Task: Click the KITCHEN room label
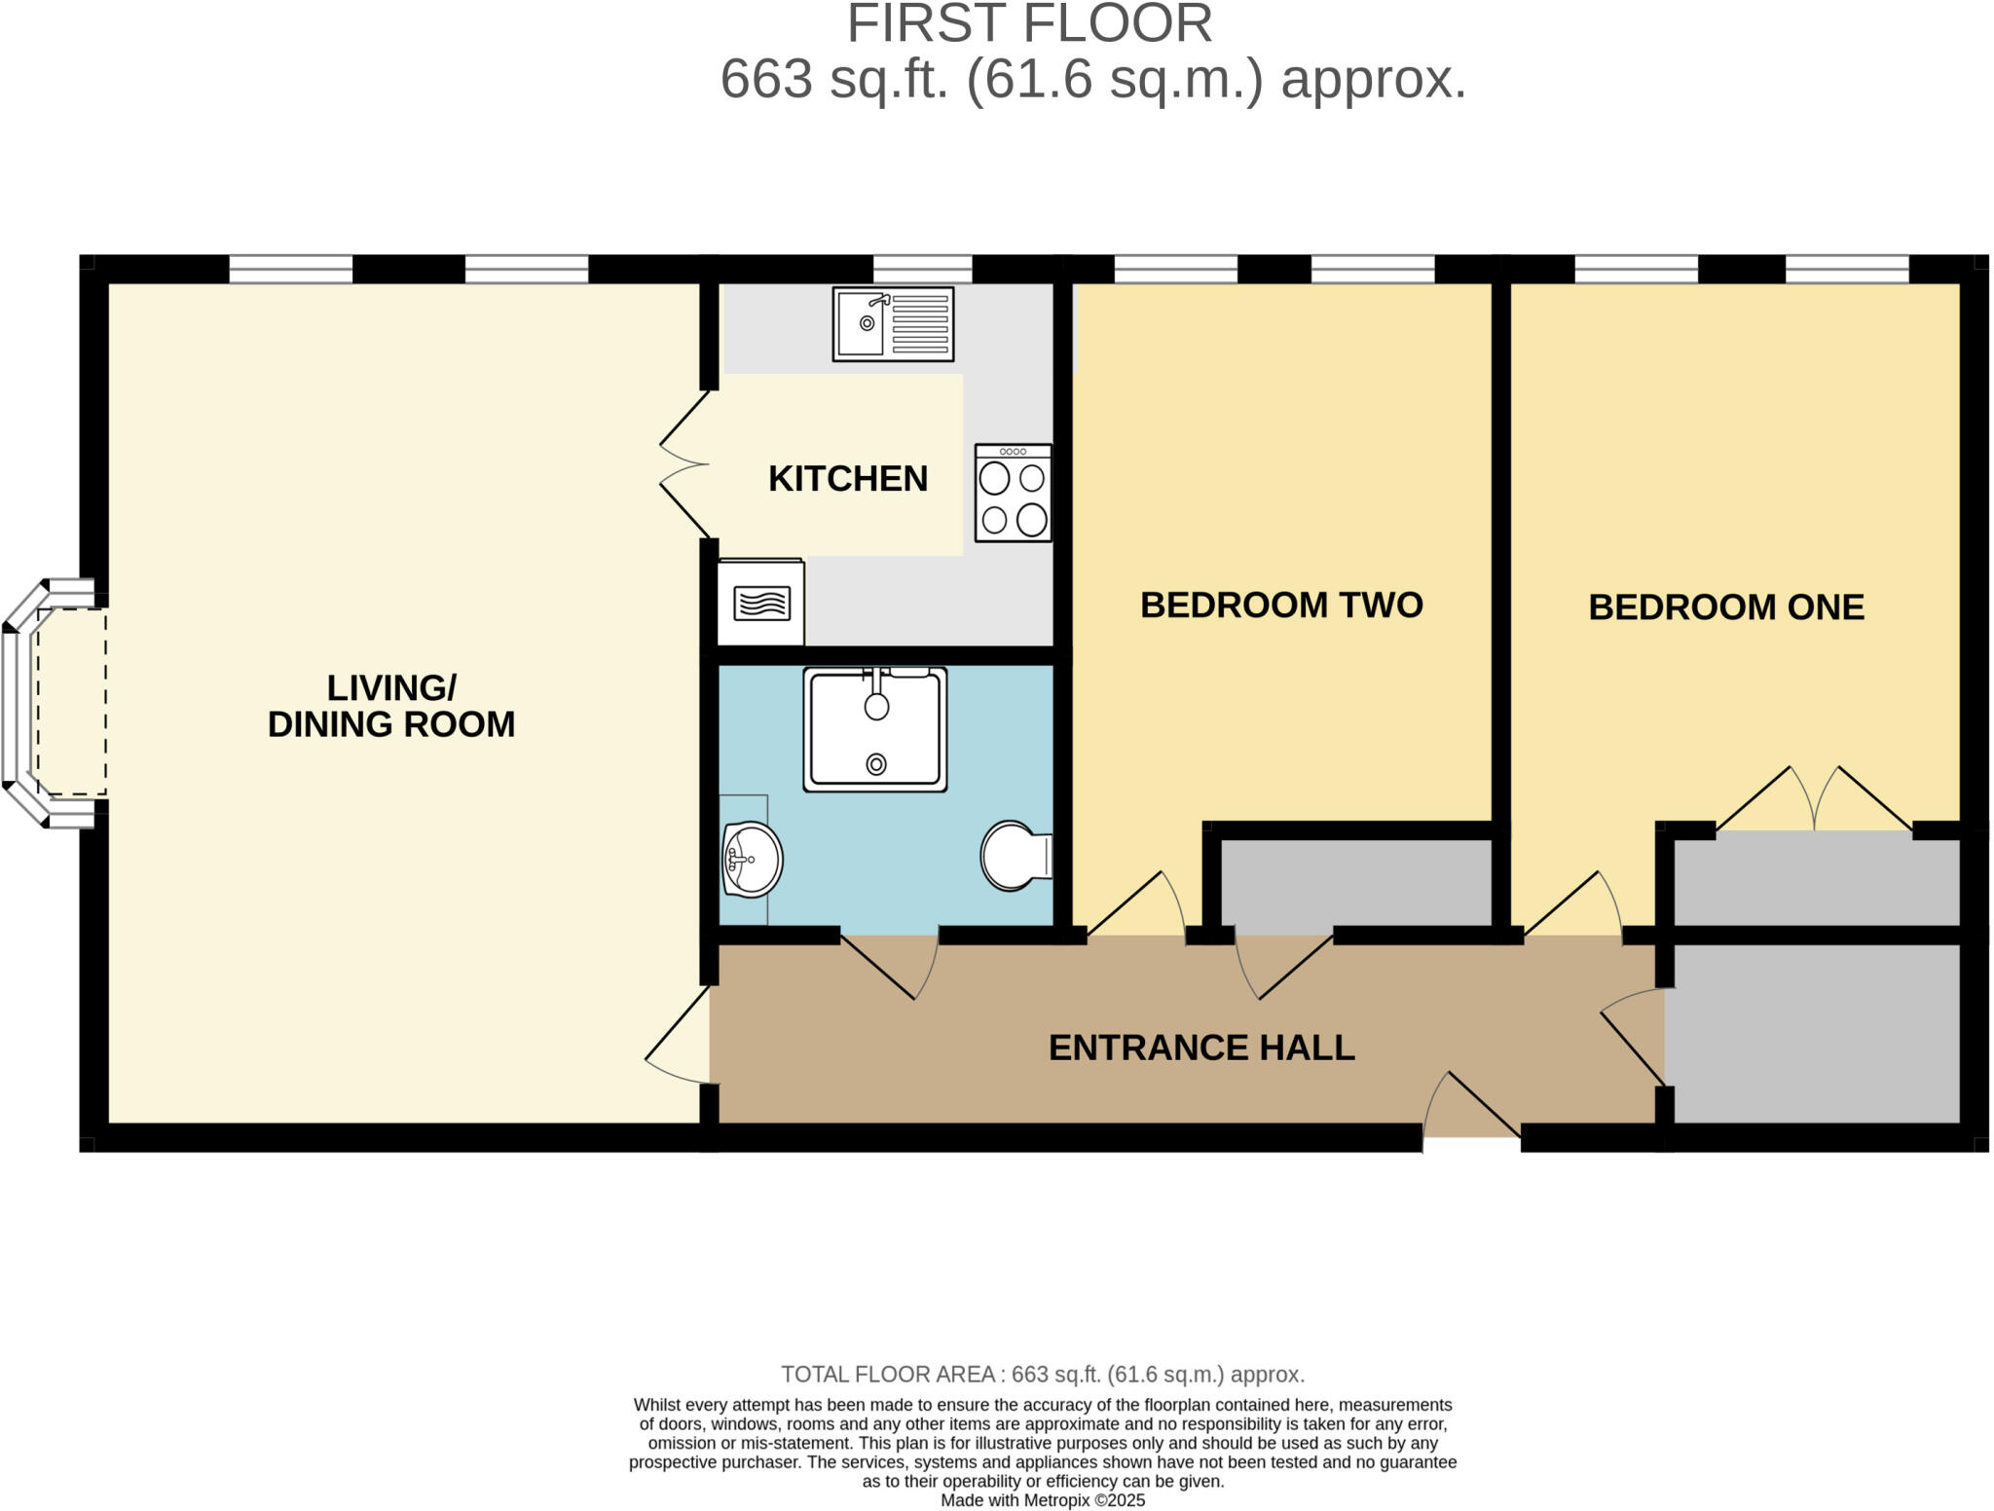coord(847,479)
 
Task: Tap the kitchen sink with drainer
coord(893,323)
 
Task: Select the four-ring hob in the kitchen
coord(1013,493)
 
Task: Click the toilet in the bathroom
coord(1014,856)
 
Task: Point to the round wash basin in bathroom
coord(752,860)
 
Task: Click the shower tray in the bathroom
coord(875,728)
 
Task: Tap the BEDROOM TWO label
coord(1281,606)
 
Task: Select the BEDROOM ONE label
coord(1725,608)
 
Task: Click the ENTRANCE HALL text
coord(1201,1048)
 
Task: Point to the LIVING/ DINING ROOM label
coord(391,706)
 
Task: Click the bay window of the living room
coord(49,703)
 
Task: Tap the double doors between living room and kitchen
coord(686,463)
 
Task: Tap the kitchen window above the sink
coord(922,269)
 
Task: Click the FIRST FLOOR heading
coord(1029,23)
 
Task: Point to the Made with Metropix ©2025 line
coord(1042,1500)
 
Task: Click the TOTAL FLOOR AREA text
coord(1042,1375)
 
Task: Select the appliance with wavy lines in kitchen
coord(760,604)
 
